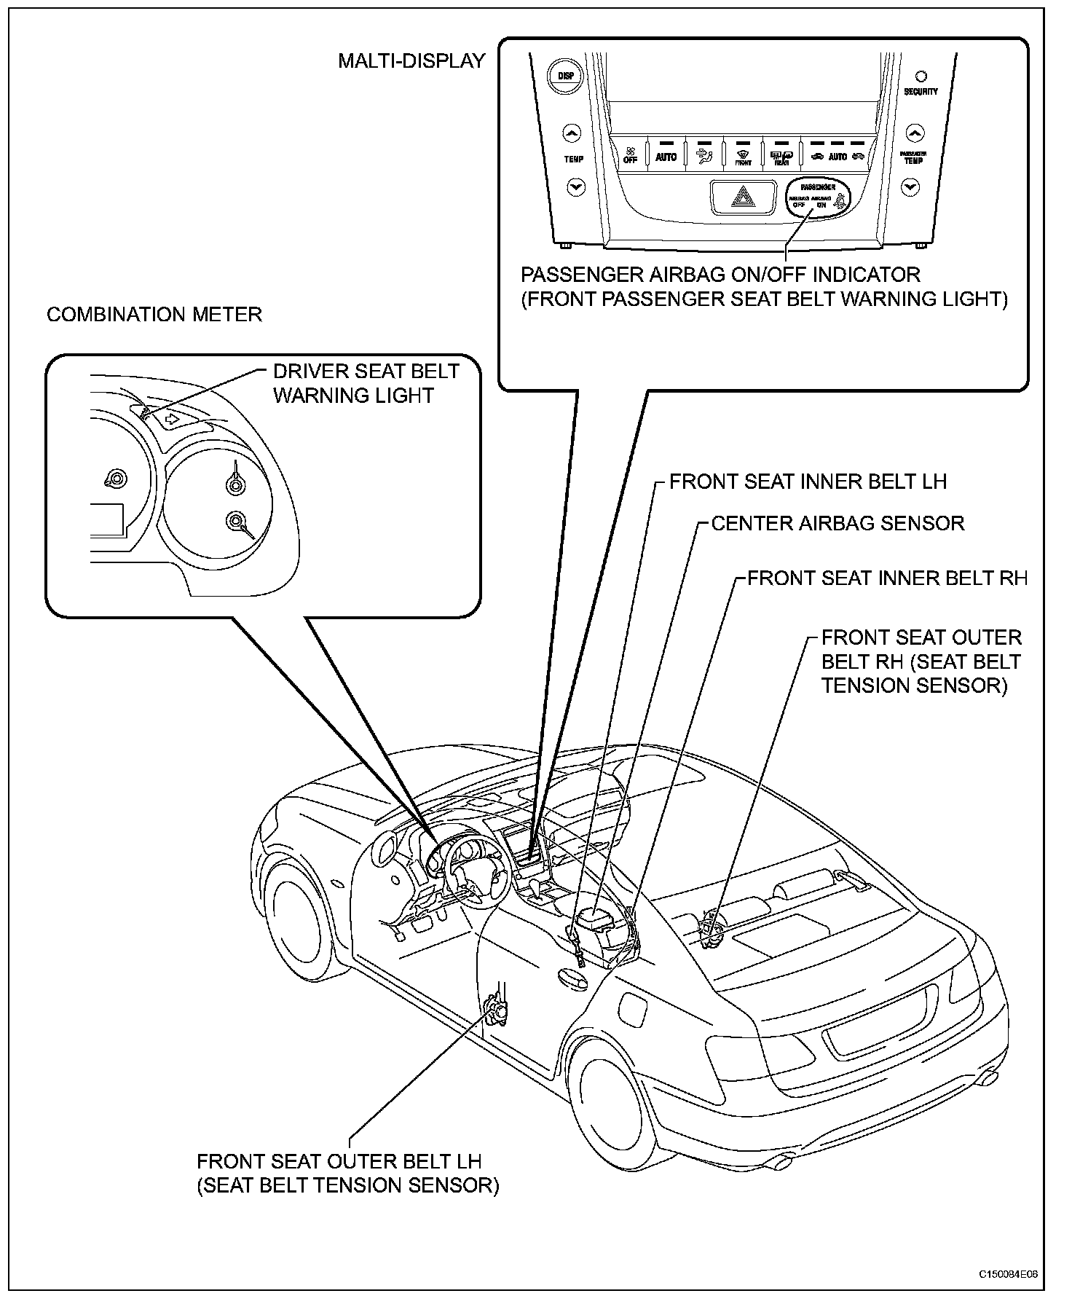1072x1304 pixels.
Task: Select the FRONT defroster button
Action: pyautogui.click(x=742, y=155)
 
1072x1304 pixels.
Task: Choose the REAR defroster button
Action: pyautogui.click(x=780, y=155)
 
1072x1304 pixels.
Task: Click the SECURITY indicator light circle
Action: pyautogui.click(x=921, y=76)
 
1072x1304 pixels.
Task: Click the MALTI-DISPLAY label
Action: pyautogui.click(x=411, y=61)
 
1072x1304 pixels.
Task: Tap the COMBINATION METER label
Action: pyautogui.click(x=154, y=315)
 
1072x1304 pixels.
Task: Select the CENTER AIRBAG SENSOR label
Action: pyautogui.click(x=837, y=523)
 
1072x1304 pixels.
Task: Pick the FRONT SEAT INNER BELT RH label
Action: pyautogui.click(x=888, y=578)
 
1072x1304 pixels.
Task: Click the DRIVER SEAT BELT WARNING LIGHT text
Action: pyautogui.click(x=366, y=383)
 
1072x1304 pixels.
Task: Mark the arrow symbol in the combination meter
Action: pyautogui.click(x=172, y=419)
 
